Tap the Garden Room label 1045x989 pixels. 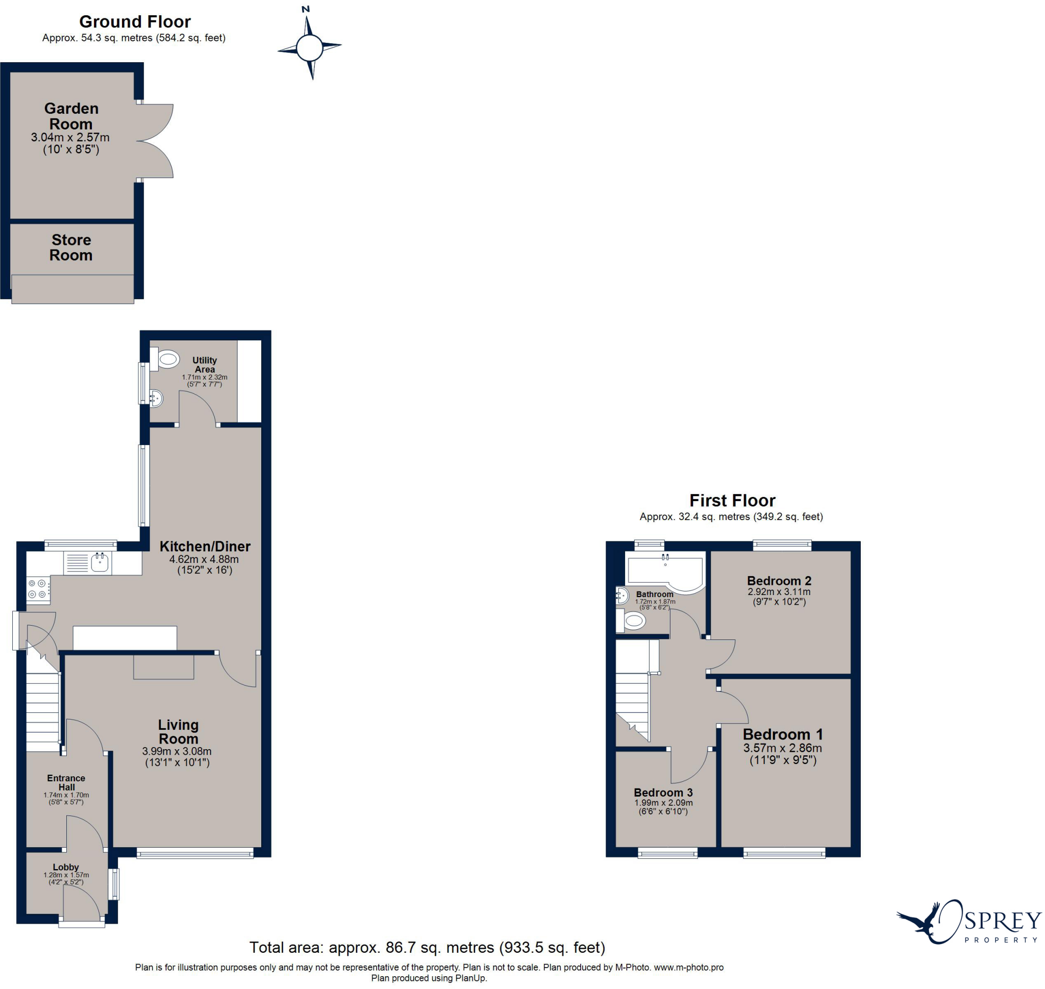tap(71, 116)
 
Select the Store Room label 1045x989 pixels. tap(71, 247)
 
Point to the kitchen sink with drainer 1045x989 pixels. tap(87, 562)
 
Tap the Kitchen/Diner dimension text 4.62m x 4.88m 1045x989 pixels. tap(204, 559)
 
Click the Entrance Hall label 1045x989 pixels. tap(66, 782)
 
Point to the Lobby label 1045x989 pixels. tap(66, 867)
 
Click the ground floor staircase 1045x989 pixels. tap(43, 712)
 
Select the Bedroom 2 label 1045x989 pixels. tap(779, 580)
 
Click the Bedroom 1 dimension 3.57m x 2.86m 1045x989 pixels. tap(783, 748)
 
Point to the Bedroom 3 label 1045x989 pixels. tap(663, 793)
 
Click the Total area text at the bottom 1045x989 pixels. tap(427, 947)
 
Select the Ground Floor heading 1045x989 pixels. tap(135, 21)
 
